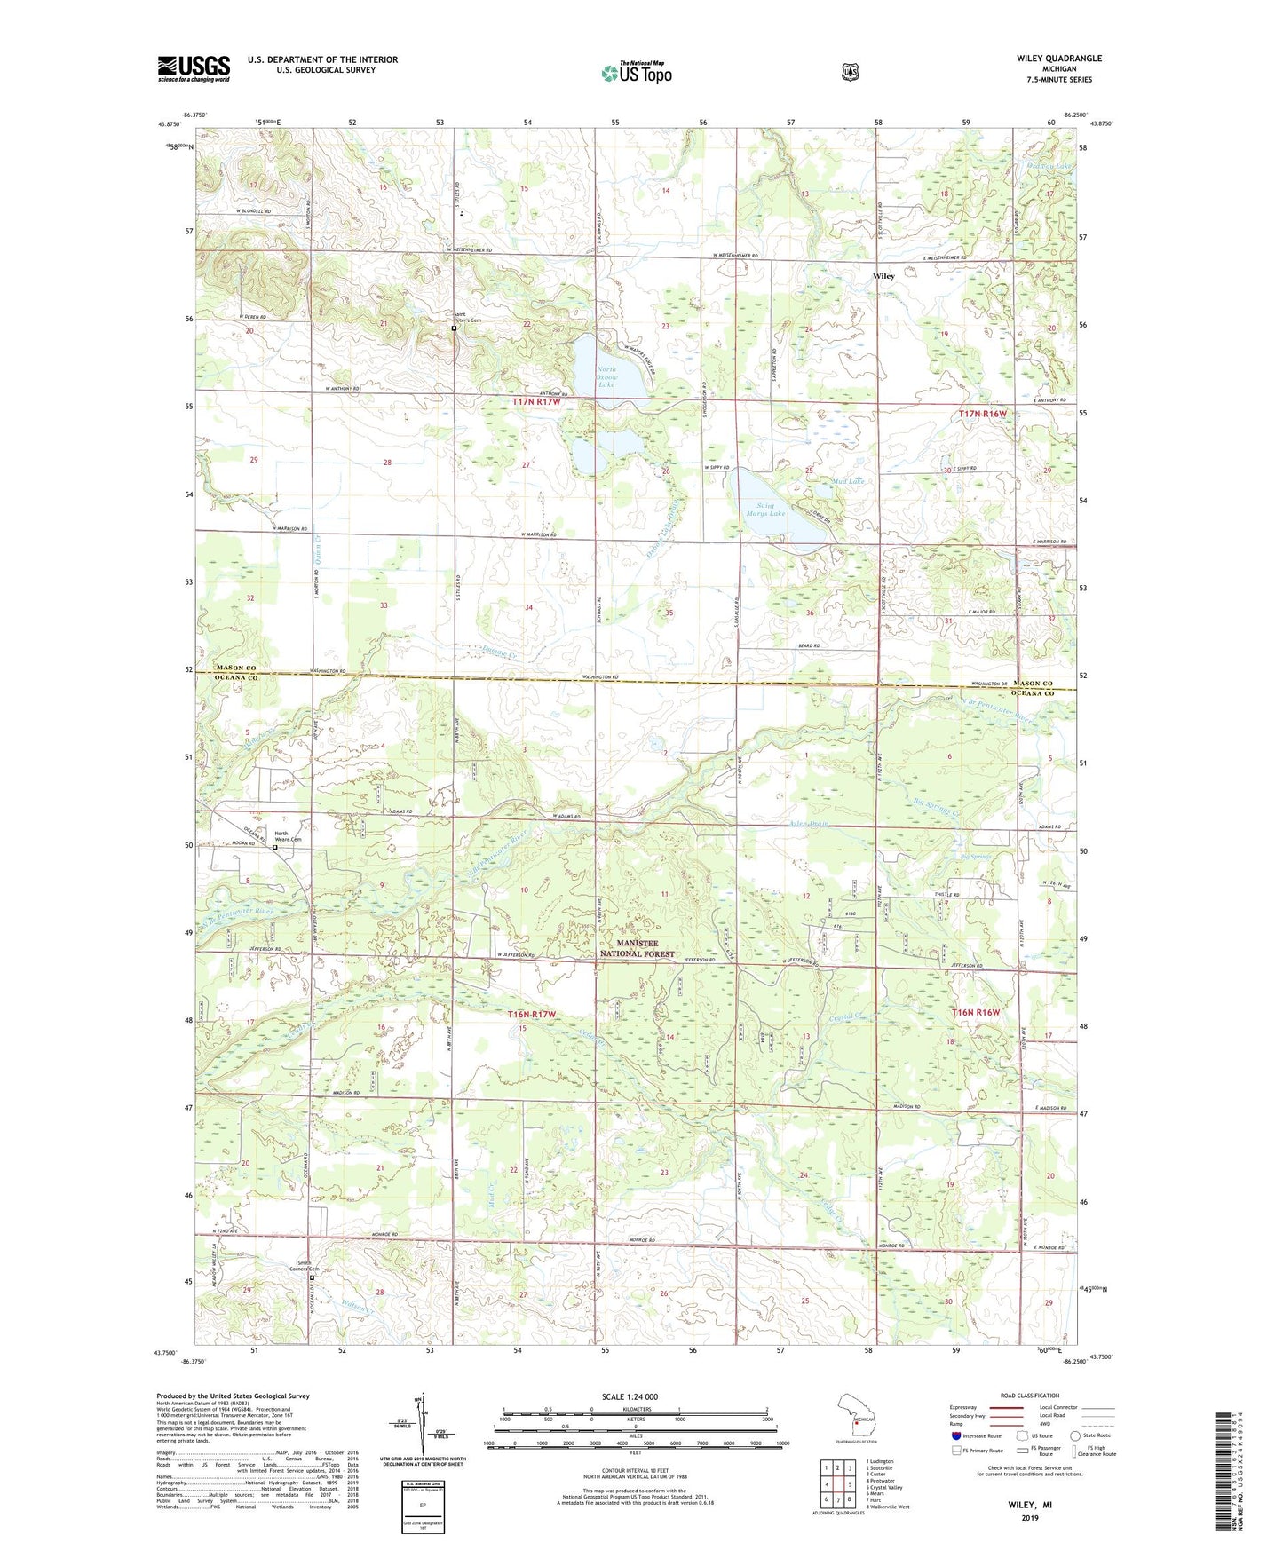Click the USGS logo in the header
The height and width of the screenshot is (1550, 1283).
click(x=194, y=68)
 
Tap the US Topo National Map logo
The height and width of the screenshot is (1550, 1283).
click(x=635, y=72)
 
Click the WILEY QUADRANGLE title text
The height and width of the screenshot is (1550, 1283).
click(x=1059, y=59)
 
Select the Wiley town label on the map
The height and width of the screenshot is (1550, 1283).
click(x=883, y=276)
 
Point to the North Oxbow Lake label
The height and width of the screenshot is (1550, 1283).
click(x=606, y=377)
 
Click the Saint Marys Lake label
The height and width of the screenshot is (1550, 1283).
click(x=765, y=510)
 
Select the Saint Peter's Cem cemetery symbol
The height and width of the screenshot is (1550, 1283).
click(x=454, y=328)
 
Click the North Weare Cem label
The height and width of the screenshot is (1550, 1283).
click(x=288, y=836)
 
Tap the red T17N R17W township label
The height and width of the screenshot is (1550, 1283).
click(x=537, y=402)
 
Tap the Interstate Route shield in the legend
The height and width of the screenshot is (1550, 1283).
click(x=955, y=1435)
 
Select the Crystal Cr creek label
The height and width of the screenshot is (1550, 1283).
click(x=848, y=1016)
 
